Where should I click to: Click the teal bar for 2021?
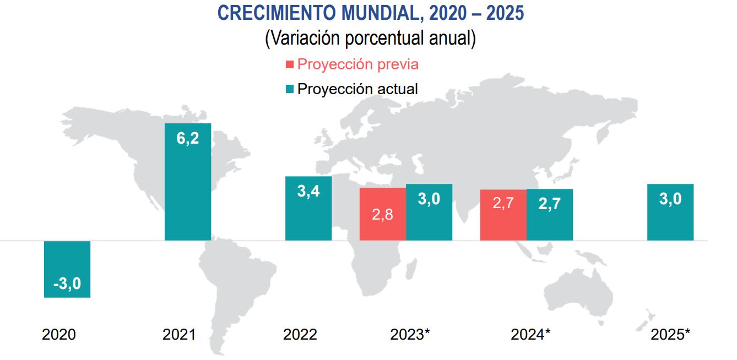click(187, 182)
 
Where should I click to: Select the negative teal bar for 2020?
click(67, 269)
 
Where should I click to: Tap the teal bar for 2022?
click(308, 208)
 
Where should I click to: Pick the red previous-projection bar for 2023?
click(382, 214)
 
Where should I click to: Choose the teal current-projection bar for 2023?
click(429, 212)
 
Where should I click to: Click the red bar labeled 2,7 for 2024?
click(503, 215)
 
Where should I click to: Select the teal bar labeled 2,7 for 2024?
click(549, 215)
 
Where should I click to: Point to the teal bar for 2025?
click(670, 212)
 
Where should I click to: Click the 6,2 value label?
click(187, 139)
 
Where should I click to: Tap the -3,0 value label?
click(67, 284)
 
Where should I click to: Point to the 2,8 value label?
click(382, 215)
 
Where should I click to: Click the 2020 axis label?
click(59, 334)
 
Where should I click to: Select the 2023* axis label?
click(410, 334)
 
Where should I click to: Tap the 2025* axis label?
click(670, 334)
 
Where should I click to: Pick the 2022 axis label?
click(300, 334)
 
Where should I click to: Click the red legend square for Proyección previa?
click(290, 65)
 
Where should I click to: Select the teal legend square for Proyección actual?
click(290, 89)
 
